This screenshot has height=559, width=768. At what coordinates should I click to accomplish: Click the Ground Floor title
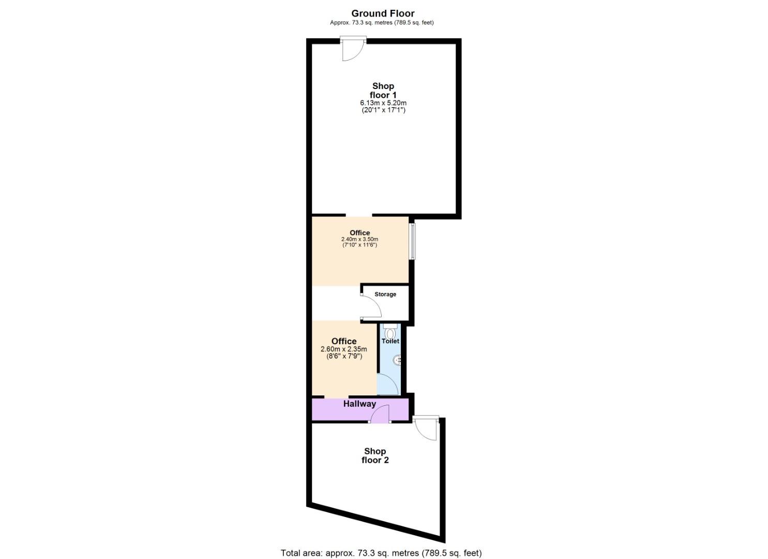click(383, 13)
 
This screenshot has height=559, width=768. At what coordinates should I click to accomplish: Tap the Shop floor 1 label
click(383, 91)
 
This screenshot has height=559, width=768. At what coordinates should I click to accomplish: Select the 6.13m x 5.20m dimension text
click(383, 103)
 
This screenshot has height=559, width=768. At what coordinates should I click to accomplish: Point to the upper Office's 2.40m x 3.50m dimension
click(359, 239)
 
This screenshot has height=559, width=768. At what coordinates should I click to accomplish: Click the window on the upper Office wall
click(412, 241)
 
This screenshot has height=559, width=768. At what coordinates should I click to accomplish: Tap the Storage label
click(385, 294)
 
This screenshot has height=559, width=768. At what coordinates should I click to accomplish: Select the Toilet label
click(390, 341)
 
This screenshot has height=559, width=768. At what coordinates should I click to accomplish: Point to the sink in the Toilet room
click(397, 359)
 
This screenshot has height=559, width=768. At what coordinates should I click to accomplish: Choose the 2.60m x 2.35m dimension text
click(344, 349)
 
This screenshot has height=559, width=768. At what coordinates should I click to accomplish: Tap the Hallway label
click(359, 404)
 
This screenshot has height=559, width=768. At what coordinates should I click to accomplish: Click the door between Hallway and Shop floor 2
click(380, 414)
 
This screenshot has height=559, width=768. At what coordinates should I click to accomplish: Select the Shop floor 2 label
click(375, 455)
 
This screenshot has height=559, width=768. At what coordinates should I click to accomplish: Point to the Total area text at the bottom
click(381, 553)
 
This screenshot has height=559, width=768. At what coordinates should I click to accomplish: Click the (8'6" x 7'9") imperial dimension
click(344, 356)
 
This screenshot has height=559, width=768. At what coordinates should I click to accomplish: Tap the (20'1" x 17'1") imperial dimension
click(383, 110)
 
